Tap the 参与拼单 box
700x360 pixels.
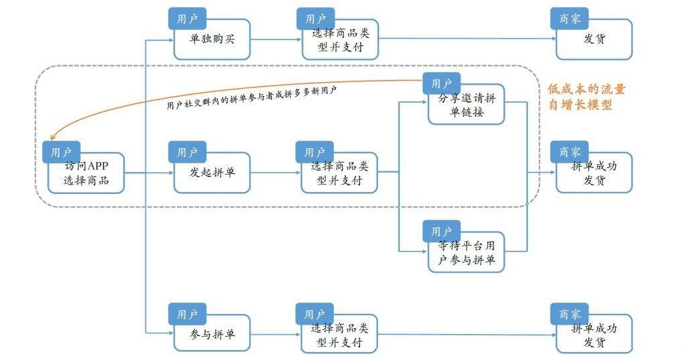(212, 334)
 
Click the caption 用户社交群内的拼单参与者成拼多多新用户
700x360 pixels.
(251, 97)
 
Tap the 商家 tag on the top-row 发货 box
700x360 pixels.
(569, 18)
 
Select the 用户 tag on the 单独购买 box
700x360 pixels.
(187, 18)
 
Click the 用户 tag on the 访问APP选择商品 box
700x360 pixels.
(61, 152)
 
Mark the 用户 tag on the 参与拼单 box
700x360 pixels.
(187, 313)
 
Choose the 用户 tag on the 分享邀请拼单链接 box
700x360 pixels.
(441, 83)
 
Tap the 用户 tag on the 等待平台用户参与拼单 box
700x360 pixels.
(441, 231)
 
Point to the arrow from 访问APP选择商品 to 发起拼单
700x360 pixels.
(148, 173)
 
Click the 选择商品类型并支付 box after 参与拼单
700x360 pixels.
(339, 334)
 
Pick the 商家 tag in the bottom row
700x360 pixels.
(569, 313)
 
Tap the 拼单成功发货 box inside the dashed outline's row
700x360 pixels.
(594, 175)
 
